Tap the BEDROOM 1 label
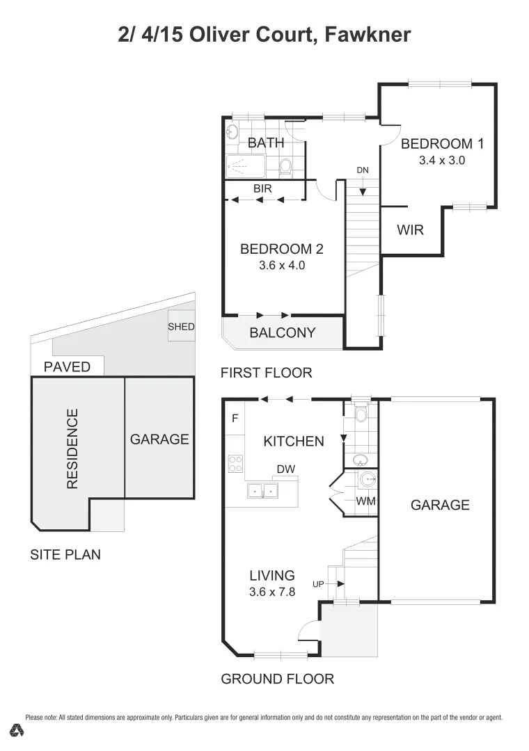click(442, 144)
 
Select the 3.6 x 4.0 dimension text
click(282, 265)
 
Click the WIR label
click(410, 230)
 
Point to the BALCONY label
click(282, 333)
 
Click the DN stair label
click(363, 170)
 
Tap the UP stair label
click(319, 584)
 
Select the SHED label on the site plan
click(181, 327)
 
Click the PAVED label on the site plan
click(67, 366)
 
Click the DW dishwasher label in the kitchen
click(285, 469)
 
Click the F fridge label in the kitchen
click(235, 419)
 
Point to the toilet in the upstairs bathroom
click(285, 166)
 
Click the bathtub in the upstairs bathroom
click(245, 166)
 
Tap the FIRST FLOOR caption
click(266, 373)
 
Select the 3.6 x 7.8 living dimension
click(272, 593)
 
